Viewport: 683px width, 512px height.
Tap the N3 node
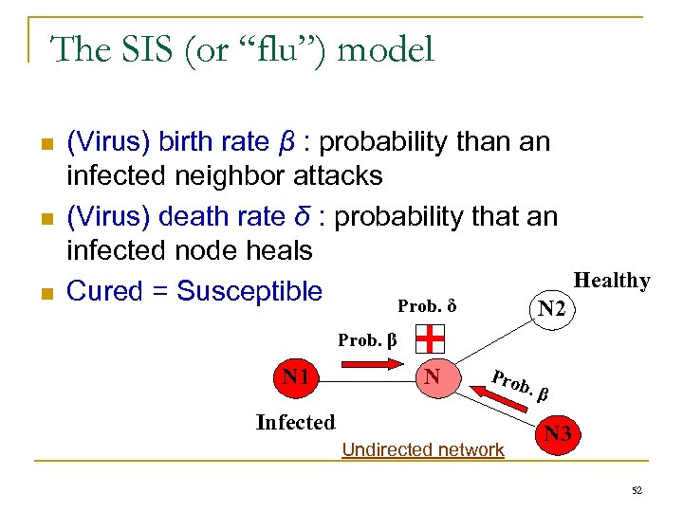click(560, 435)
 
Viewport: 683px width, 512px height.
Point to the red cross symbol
click(432, 338)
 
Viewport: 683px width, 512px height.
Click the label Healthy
click(612, 281)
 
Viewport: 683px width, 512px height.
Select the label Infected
click(295, 423)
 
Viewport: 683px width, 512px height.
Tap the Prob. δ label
click(427, 306)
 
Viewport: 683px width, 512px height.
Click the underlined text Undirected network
click(422, 450)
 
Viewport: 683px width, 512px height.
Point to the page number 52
click(637, 489)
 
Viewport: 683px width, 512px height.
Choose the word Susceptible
click(249, 291)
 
